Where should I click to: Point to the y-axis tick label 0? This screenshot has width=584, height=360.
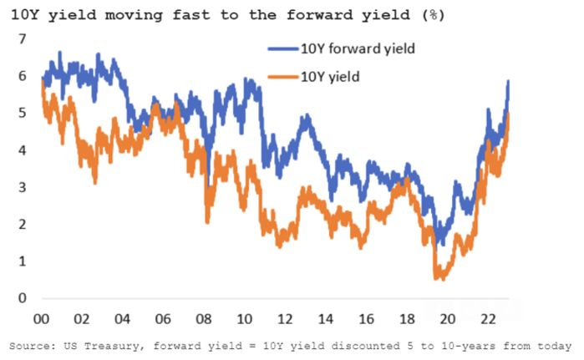pyautogui.click(x=23, y=298)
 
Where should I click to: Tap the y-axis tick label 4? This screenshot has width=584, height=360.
pyautogui.click(x=23, y=150)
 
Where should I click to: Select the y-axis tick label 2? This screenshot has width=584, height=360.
pyautogui.click(x=23, y=225)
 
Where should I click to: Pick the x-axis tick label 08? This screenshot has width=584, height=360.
pyautogui.click(x=203, y=318)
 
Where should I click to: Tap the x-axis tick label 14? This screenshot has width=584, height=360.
pyautogui.click(x=325, y=318)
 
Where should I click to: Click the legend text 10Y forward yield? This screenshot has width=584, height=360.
pyautogui.click(x=358, y=48)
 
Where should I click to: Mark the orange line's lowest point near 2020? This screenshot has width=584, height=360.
pyautogui.click(x=439, y=279)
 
